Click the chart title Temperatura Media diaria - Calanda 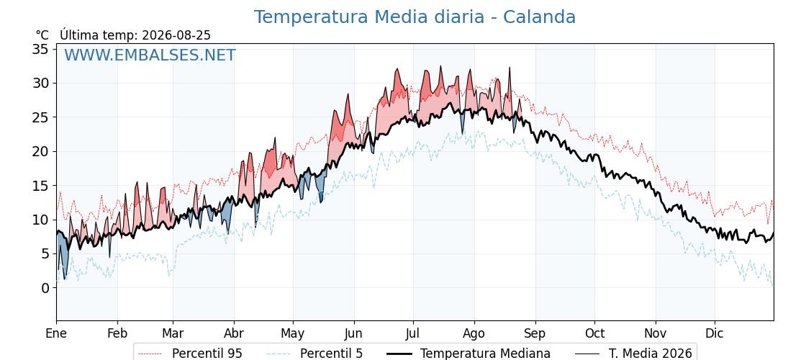point(415,17)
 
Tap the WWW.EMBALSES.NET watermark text point(150,55)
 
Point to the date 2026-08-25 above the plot point(176,35)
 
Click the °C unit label point(42,35)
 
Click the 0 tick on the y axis point(45,288)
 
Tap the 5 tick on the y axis point(45,254)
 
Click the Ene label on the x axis point(56,333)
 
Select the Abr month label point(234,333)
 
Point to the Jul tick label point(413,333)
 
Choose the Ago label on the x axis point(474,334)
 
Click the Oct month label point(594,333)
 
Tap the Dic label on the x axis point(715,333)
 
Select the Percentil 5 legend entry point(315,354)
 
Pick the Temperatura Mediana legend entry point(467,354)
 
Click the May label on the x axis point(292,334)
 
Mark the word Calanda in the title point(539,17)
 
